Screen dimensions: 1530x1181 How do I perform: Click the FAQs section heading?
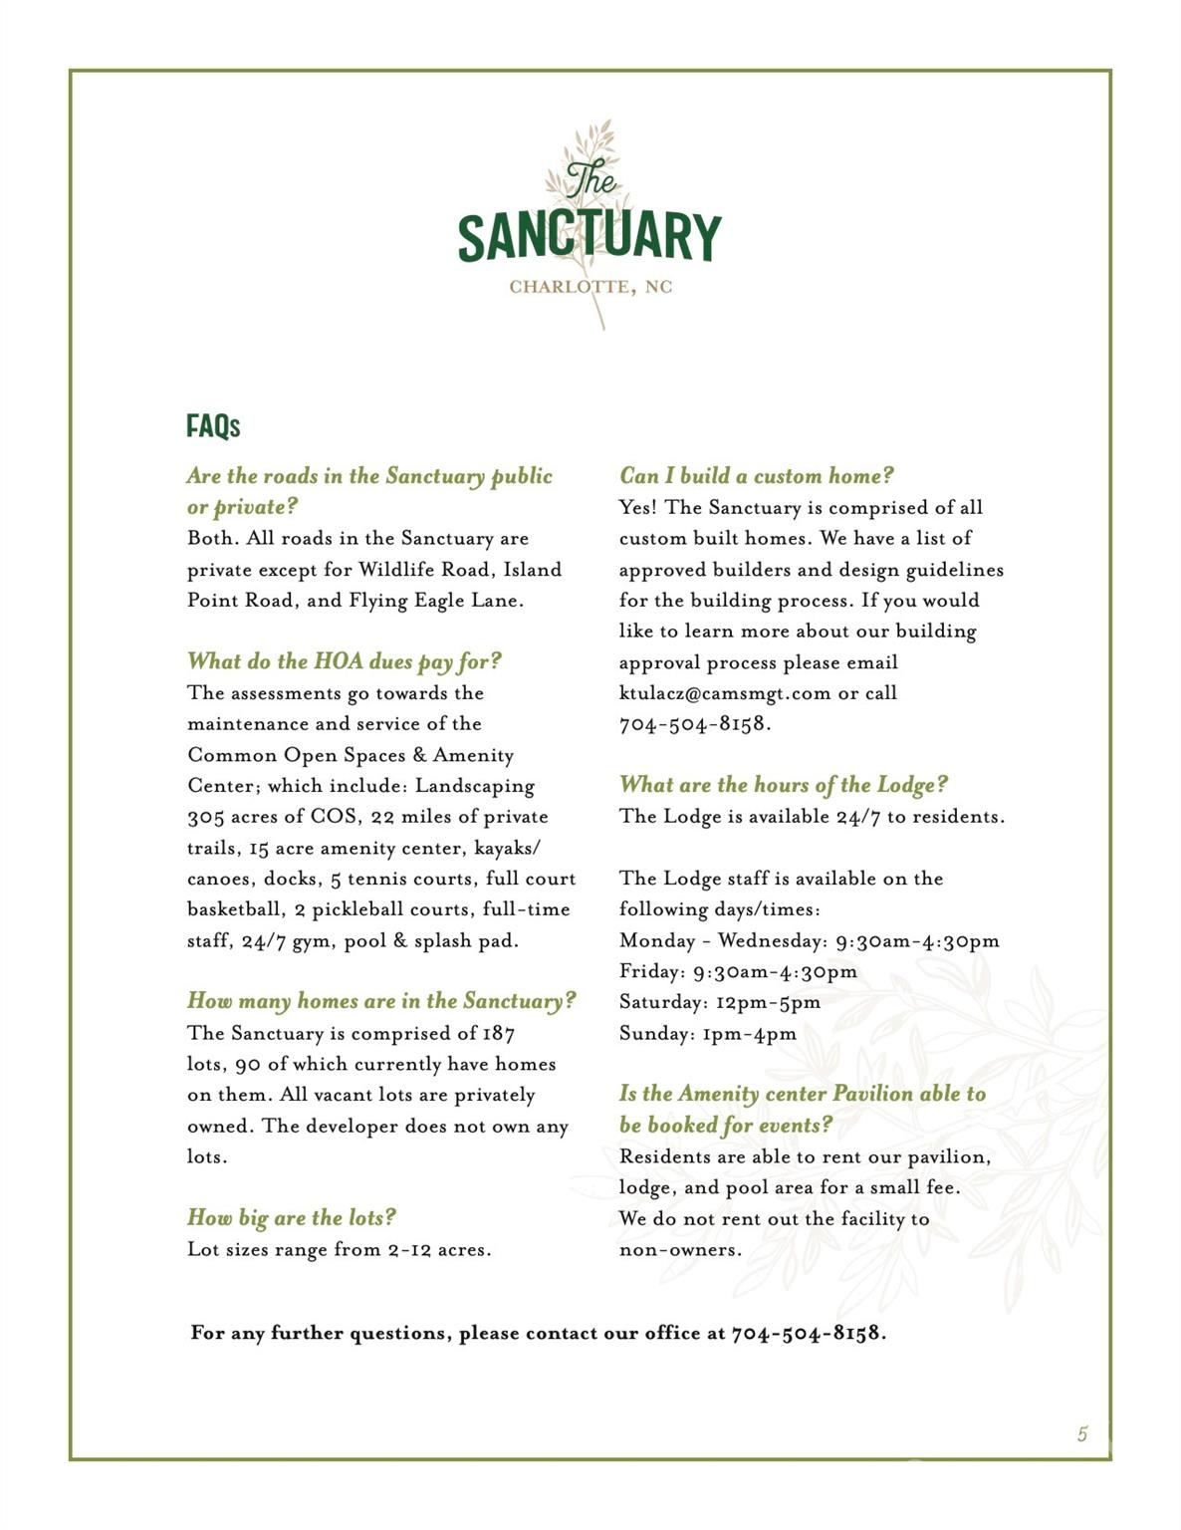[x=213, y=426]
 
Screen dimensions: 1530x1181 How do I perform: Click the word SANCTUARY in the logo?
[x=590, y=236]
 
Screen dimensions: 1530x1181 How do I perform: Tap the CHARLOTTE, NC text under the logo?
[x=590, y=287]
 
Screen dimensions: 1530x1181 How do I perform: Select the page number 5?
[x=1081, y=1434]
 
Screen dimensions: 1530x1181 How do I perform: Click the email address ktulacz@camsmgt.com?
[x=724, y=693]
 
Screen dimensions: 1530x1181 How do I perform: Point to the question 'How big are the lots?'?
[x=292, y=1217]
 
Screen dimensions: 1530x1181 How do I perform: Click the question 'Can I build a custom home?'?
[x=756, y=475]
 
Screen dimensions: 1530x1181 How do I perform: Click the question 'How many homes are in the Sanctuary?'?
[x=381, y=1000]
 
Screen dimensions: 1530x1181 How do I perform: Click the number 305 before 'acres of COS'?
[x=206, y=817]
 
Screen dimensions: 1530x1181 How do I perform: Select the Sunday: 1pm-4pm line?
[x=707, y=1033]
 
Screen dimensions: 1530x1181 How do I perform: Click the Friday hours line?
[x=737, y=971]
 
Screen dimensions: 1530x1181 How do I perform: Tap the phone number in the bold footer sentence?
[x=807, y=1333]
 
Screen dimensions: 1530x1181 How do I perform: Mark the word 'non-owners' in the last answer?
[x=679, y=1249]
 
